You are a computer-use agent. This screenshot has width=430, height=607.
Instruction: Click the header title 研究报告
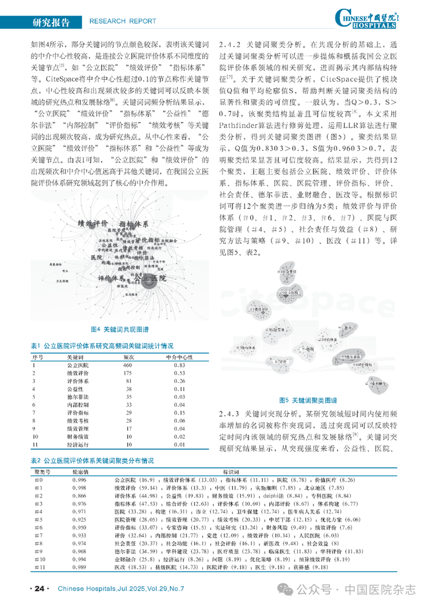pyautogui.click(x=51, y=21)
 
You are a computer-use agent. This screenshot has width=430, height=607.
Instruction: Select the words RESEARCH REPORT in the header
pyautogui.click(x=122, y=21)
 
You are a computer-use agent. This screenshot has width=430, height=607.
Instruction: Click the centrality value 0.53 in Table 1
pyautogui.click(x=180, y=373)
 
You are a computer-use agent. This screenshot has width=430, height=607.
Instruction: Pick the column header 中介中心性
pyautogui.click(x=180, y=357)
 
